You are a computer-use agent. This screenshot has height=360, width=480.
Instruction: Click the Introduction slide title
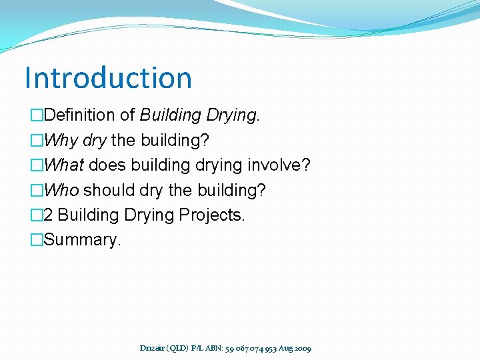pos(108,77)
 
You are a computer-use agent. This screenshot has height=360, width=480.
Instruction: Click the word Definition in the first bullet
pos(79,115)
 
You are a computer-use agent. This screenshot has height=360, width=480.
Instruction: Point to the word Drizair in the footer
pos(154,348)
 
